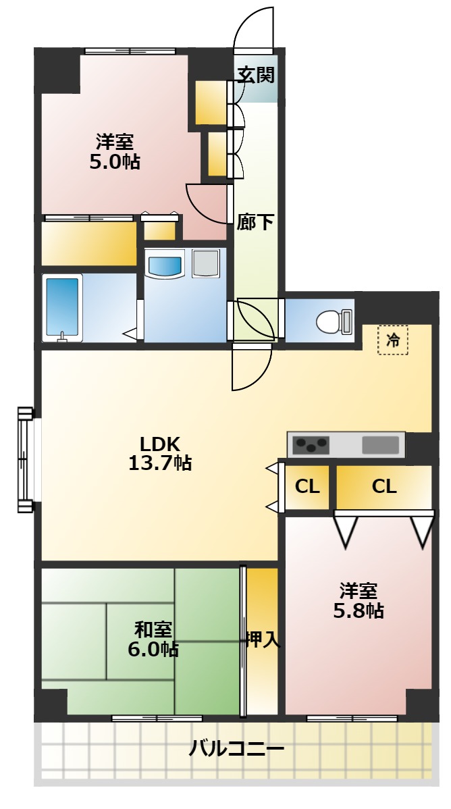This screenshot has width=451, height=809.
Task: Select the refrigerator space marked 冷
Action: point(393,340)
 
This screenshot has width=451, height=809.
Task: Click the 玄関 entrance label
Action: point(255,76)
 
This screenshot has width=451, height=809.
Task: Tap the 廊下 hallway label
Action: point(255,222)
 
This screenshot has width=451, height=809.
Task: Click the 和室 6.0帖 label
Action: point(153,640)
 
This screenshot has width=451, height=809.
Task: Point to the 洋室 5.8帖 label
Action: point(358,600)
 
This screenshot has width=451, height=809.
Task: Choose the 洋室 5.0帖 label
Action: point(115,152)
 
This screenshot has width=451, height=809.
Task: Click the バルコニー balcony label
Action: point(236,748)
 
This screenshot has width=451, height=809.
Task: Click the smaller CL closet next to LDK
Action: point(307,486)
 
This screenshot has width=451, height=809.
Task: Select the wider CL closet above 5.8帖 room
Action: point(384,486)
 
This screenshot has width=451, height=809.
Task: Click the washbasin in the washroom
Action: point(165,264)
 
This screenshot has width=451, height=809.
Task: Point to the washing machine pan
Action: point(206,263)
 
